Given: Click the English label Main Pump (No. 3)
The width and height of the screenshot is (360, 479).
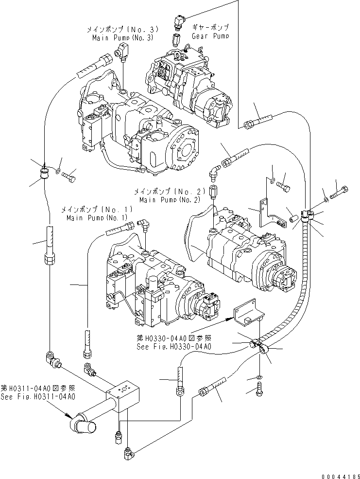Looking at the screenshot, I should tap(110, 38).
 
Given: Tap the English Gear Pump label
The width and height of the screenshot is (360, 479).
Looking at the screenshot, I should tap(210, 36).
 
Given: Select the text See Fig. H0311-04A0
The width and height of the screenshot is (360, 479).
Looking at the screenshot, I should tap(38, 396).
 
